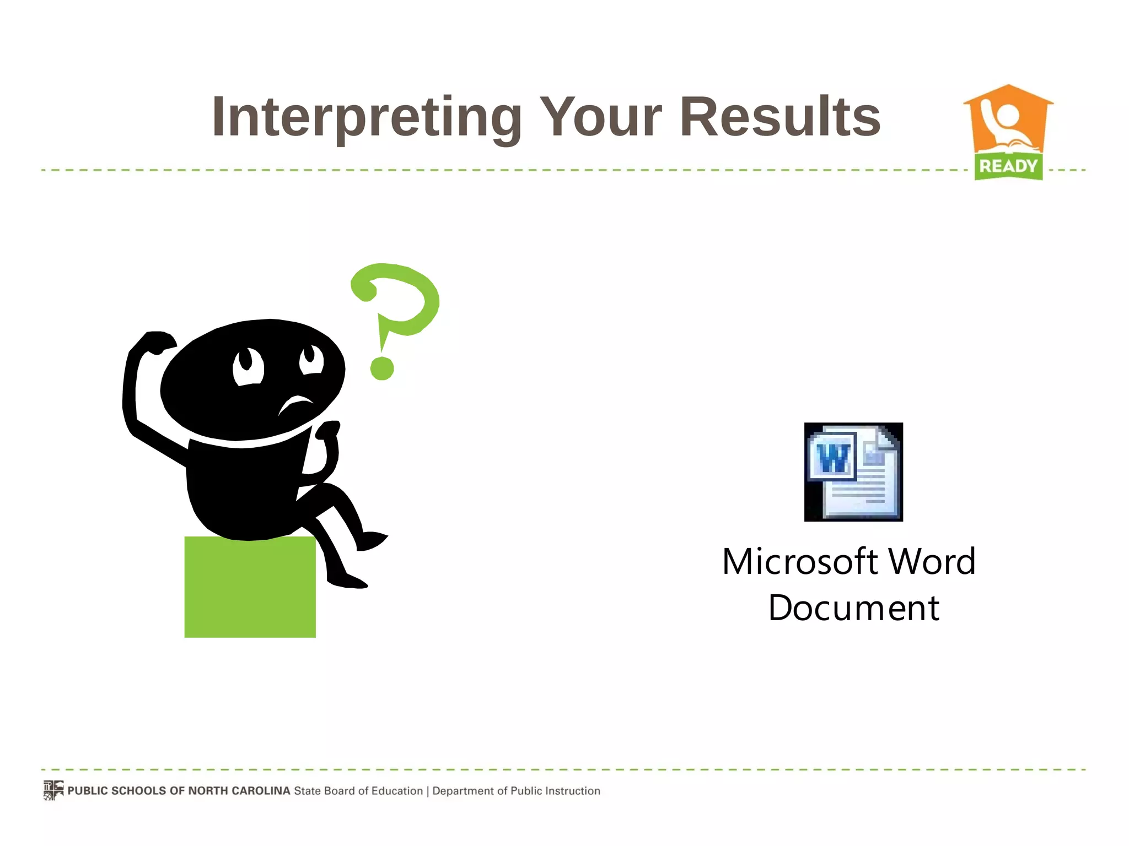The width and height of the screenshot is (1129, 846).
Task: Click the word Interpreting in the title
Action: [367, 117]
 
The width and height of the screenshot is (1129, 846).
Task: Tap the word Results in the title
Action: [780, 117]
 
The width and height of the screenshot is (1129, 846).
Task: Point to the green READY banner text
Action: [1008, 166]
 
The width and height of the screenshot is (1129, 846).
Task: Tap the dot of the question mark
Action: [381, 368]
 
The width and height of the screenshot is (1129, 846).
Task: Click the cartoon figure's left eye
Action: [248, 366]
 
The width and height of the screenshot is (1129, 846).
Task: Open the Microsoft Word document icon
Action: [853, 472]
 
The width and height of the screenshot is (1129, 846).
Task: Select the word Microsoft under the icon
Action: [800, 562]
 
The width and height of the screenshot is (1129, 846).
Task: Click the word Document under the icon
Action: [853, 608]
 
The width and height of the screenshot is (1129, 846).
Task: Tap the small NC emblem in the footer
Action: [53, 790]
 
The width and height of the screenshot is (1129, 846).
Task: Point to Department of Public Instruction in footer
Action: [516, 791]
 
